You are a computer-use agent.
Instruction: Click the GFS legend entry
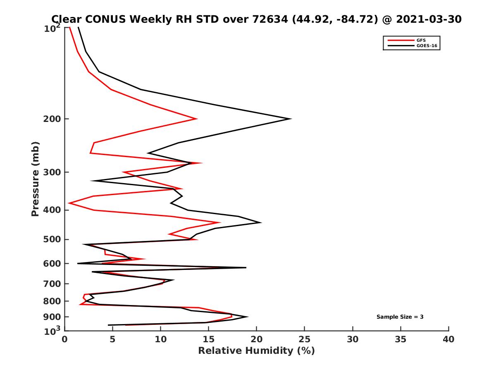(x=421, y=40)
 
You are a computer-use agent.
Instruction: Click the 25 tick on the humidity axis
(x=305, y=339)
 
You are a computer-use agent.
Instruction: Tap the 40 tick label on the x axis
(x=448, y=339)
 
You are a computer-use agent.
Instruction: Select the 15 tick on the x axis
(x=209, y=339)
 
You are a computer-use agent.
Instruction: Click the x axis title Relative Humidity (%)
(x=256, y=351)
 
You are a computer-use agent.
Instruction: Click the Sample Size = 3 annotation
(x=400, y=317)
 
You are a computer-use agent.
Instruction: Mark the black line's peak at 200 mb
(x=291, y=119)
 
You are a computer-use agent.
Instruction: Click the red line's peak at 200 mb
(x=197, y=119)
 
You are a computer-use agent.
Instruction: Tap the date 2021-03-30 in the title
(x=429, y=19)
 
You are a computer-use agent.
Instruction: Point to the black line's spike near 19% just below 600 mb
(x=246, y=268)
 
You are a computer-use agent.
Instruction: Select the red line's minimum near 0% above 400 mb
(x=69, y=203)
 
